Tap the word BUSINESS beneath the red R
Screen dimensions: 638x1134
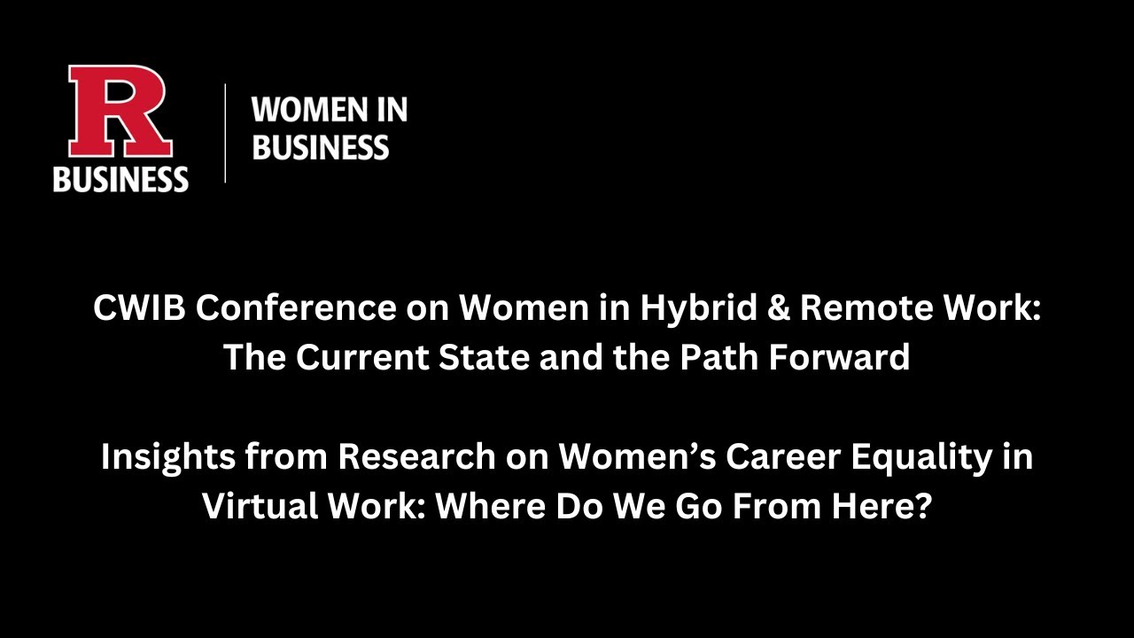point(120,178)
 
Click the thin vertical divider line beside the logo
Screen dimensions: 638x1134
point(225,133)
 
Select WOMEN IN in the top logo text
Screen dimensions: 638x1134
point(330,111)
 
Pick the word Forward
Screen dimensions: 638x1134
point(841,357)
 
